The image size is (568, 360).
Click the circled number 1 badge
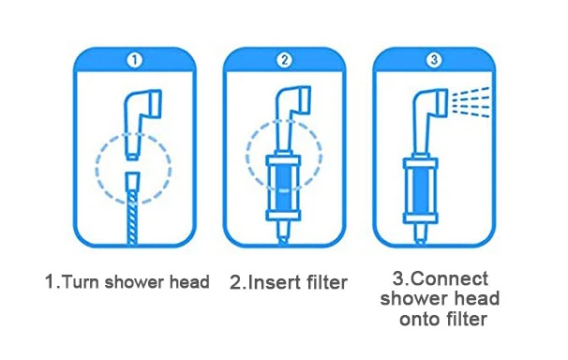pyautogui.click(x=134, y=60)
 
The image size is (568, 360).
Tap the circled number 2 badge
pyautogui.click(x=284, y=60)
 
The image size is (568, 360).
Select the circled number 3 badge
pyautogui.click(x=434, y=60)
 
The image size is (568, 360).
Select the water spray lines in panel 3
pyautogui.click(x=471, y=102)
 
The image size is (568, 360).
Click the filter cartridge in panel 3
pyautogui.click(x=421, y=190)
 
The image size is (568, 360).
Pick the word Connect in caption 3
pyautogui.click(x=450, y=278)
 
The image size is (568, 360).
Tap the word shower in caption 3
pyautogui.click(x=409, y=299)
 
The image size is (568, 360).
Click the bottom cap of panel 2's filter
pyautogui.click(x=283, y=216)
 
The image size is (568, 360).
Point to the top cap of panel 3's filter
pyautogui.click(x=421, y=163)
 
